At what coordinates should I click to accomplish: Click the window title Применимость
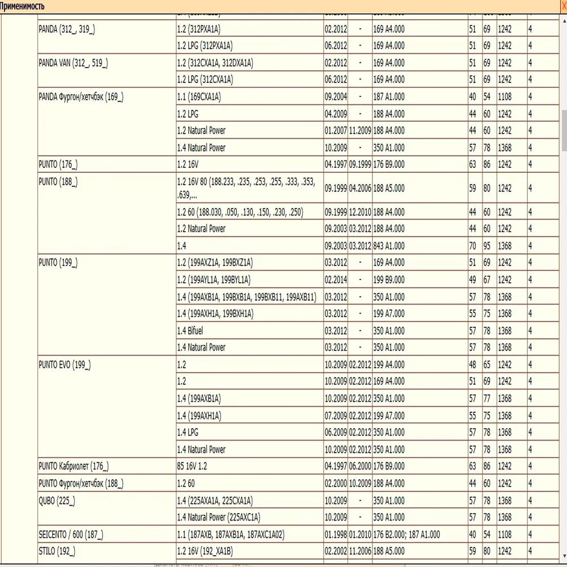pyautogui.click(x=23, y=6)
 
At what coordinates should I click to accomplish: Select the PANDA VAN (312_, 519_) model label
pyautogui.click(x=73, y=63)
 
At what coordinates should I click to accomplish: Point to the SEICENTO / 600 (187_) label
pyautogui.click(x=71, y=535)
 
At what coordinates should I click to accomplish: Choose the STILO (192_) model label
pyautogui.click(x=56, y=551)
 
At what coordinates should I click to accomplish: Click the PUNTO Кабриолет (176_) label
pyautogui.click(x=73, y=467)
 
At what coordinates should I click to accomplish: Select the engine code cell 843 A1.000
pyautogui.click(x=389, y=246)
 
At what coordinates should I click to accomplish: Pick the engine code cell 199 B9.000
pyautogui.click(x=389, y=280)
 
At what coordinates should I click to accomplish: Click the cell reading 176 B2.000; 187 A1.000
pyautogui.click(x=407, y=535)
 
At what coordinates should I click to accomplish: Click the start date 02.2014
pyautogui.click(x=336, y=280)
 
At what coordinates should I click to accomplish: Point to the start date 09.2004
pyautogui.click(x=336, y=97)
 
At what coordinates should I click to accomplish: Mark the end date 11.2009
pyautogui.click(x=360, y=130)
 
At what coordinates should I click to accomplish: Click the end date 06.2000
pyautogui.click(x=360, y=467)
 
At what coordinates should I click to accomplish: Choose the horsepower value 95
pyautogui.click(x=486, y=246)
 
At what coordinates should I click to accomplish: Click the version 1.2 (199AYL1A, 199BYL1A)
pyautogui.click(x=214, y=280)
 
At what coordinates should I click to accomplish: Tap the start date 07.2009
pyautogui.click(x=336, y=416)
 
